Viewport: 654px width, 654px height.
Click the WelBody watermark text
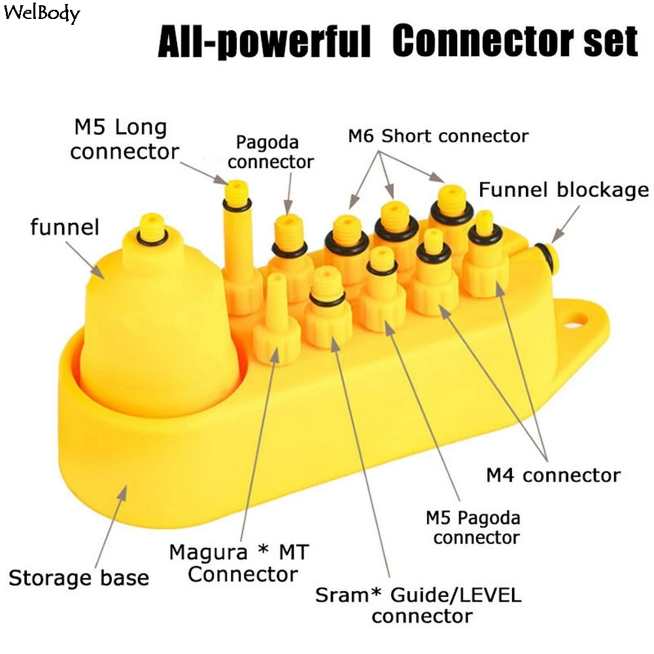(x=41, y=13)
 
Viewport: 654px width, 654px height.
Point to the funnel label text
(x=64, y=228)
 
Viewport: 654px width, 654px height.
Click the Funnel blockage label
(x=564, y=190)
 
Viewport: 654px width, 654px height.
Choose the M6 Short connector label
(x=438, y=136)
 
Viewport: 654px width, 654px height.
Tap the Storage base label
(x=78, y=577)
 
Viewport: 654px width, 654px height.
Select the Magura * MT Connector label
(x=238, y=563)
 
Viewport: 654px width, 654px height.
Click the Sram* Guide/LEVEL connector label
(x=419, y=605)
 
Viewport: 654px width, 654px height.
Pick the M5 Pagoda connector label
(x=473, y=528)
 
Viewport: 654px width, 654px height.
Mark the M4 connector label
(x=553, y=475)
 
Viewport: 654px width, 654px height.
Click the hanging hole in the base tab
(x=577, y=320)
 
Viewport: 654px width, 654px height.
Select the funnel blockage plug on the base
(x=545, y=256)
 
